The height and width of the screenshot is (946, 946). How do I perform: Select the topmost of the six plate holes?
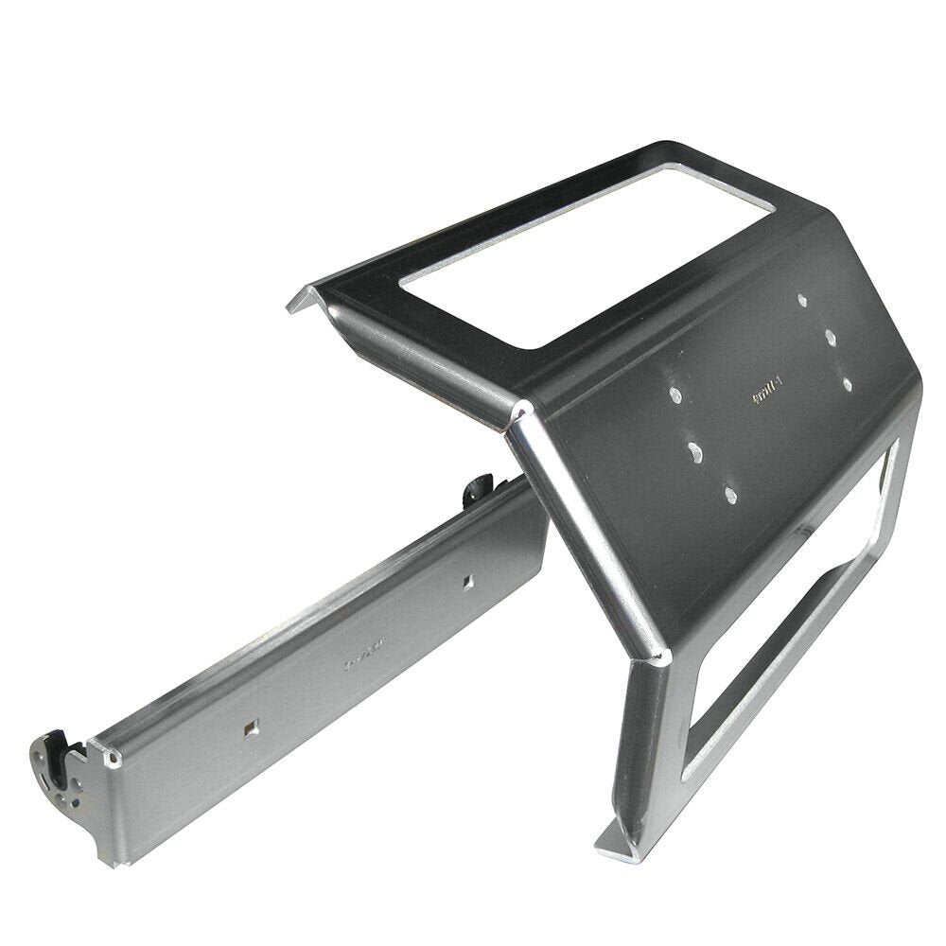[x=802, y=300]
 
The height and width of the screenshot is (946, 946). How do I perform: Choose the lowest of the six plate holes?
[x=729, y=492]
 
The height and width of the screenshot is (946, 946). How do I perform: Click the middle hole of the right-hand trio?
[x=829, y=336]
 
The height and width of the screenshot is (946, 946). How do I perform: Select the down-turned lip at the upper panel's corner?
[x=301, y=304]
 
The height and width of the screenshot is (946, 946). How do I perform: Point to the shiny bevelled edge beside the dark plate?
[x=587, y=530]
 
